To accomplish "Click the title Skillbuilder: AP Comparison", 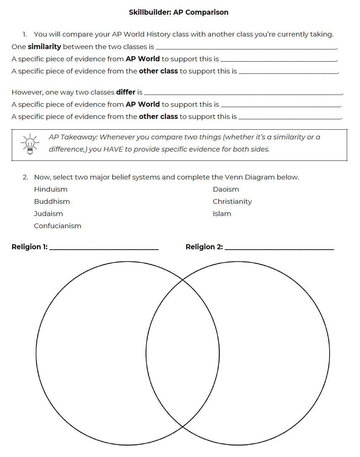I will pyautogui.click(x=178, y=12).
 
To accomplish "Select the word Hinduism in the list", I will pyautogui.click(x=50, y=189).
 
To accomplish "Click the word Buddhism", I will pyautogui.click(x=52, y=202).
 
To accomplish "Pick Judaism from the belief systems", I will pyautogui.click(x=48, y=214).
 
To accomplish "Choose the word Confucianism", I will pyautogui.click(x=58, y=226).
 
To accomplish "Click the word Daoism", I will pyautogui.click(x=226, y=189).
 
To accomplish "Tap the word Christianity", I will pyautogui.click(x=232, y=202).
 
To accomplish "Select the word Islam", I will pyautogui.click(x=222, y=214).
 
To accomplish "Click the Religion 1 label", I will pyautogui.click(x=29, y=247).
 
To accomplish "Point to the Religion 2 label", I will pyautogui.click(x=204, y=247).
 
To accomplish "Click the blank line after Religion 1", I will pyautogui.click(x=104, y=248).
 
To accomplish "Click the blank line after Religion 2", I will pyautogui.click(x=279, y=248).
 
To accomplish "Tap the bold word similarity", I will pyautogui.click(x=44, y=47).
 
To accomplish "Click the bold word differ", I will pyautogui.click(x=126, y=92).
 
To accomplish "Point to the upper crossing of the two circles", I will pyautogui.click(x=183, y=280).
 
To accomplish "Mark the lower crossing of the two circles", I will pyautogui.click(x=183, y=427).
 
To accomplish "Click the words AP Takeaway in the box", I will pyautogui.click(x=73, y=137).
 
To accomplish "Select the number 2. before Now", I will pyautogui.click(x=25, y=177).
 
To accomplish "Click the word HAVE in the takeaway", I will pyautogui.click(x=113, y=149).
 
